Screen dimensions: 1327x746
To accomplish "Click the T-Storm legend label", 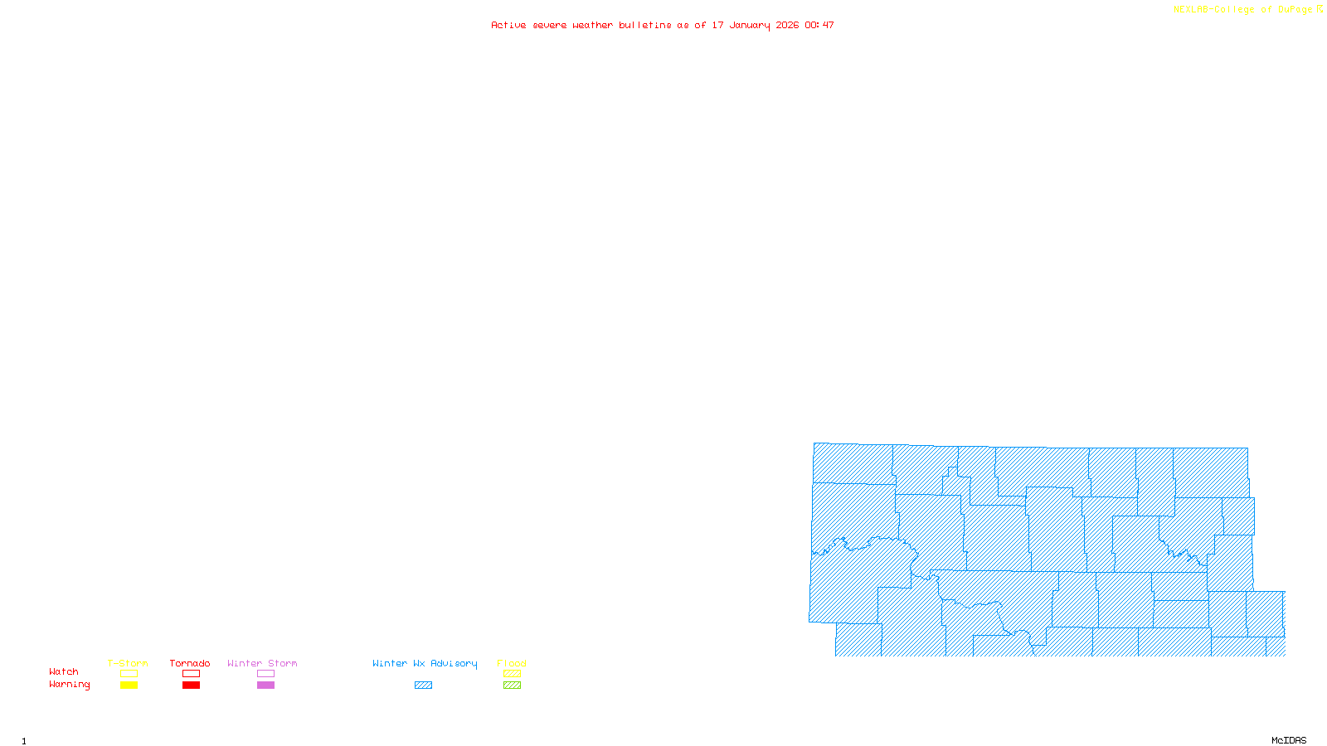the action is pyautogui.click(x=128, y=663).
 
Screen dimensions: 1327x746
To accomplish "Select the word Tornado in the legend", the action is pyautogui.click(x=190, y=663).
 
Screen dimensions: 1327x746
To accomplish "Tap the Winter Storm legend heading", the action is pyautogui.click(x=262, y=663).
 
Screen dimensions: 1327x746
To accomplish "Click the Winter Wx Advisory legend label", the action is pyautogui.click(x=425, y=663).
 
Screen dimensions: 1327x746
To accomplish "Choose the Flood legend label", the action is pyautogui.click(x=512, y=663).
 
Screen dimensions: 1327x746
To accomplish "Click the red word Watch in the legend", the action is pyautogui.click(x=64, y=671).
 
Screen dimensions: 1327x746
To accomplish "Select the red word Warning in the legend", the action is pyautogui.click(x=70, y=685).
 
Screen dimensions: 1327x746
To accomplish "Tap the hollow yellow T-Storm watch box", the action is pyautogui.click(x=129, y=674).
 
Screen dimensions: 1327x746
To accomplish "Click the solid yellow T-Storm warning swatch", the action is pyautogui.click(x=129, y=685).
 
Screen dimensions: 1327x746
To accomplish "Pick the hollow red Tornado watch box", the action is pyautogui.click(x=191, y=674).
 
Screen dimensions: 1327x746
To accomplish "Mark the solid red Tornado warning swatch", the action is pyautogui.click(x=191, y=685).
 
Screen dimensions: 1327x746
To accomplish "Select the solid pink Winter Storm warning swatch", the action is pyautogui.click(x=265, y=685).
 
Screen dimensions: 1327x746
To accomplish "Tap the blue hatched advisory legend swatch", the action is pyautogui.click(x=423, y=685).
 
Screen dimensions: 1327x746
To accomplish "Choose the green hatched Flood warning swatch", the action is pyautogui.click(x=512, y=685).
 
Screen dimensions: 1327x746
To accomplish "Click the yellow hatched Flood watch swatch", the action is pyautogui.click(x=512, y=674).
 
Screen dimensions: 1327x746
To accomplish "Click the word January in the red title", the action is pyautogui.click(x=750, y=25).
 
